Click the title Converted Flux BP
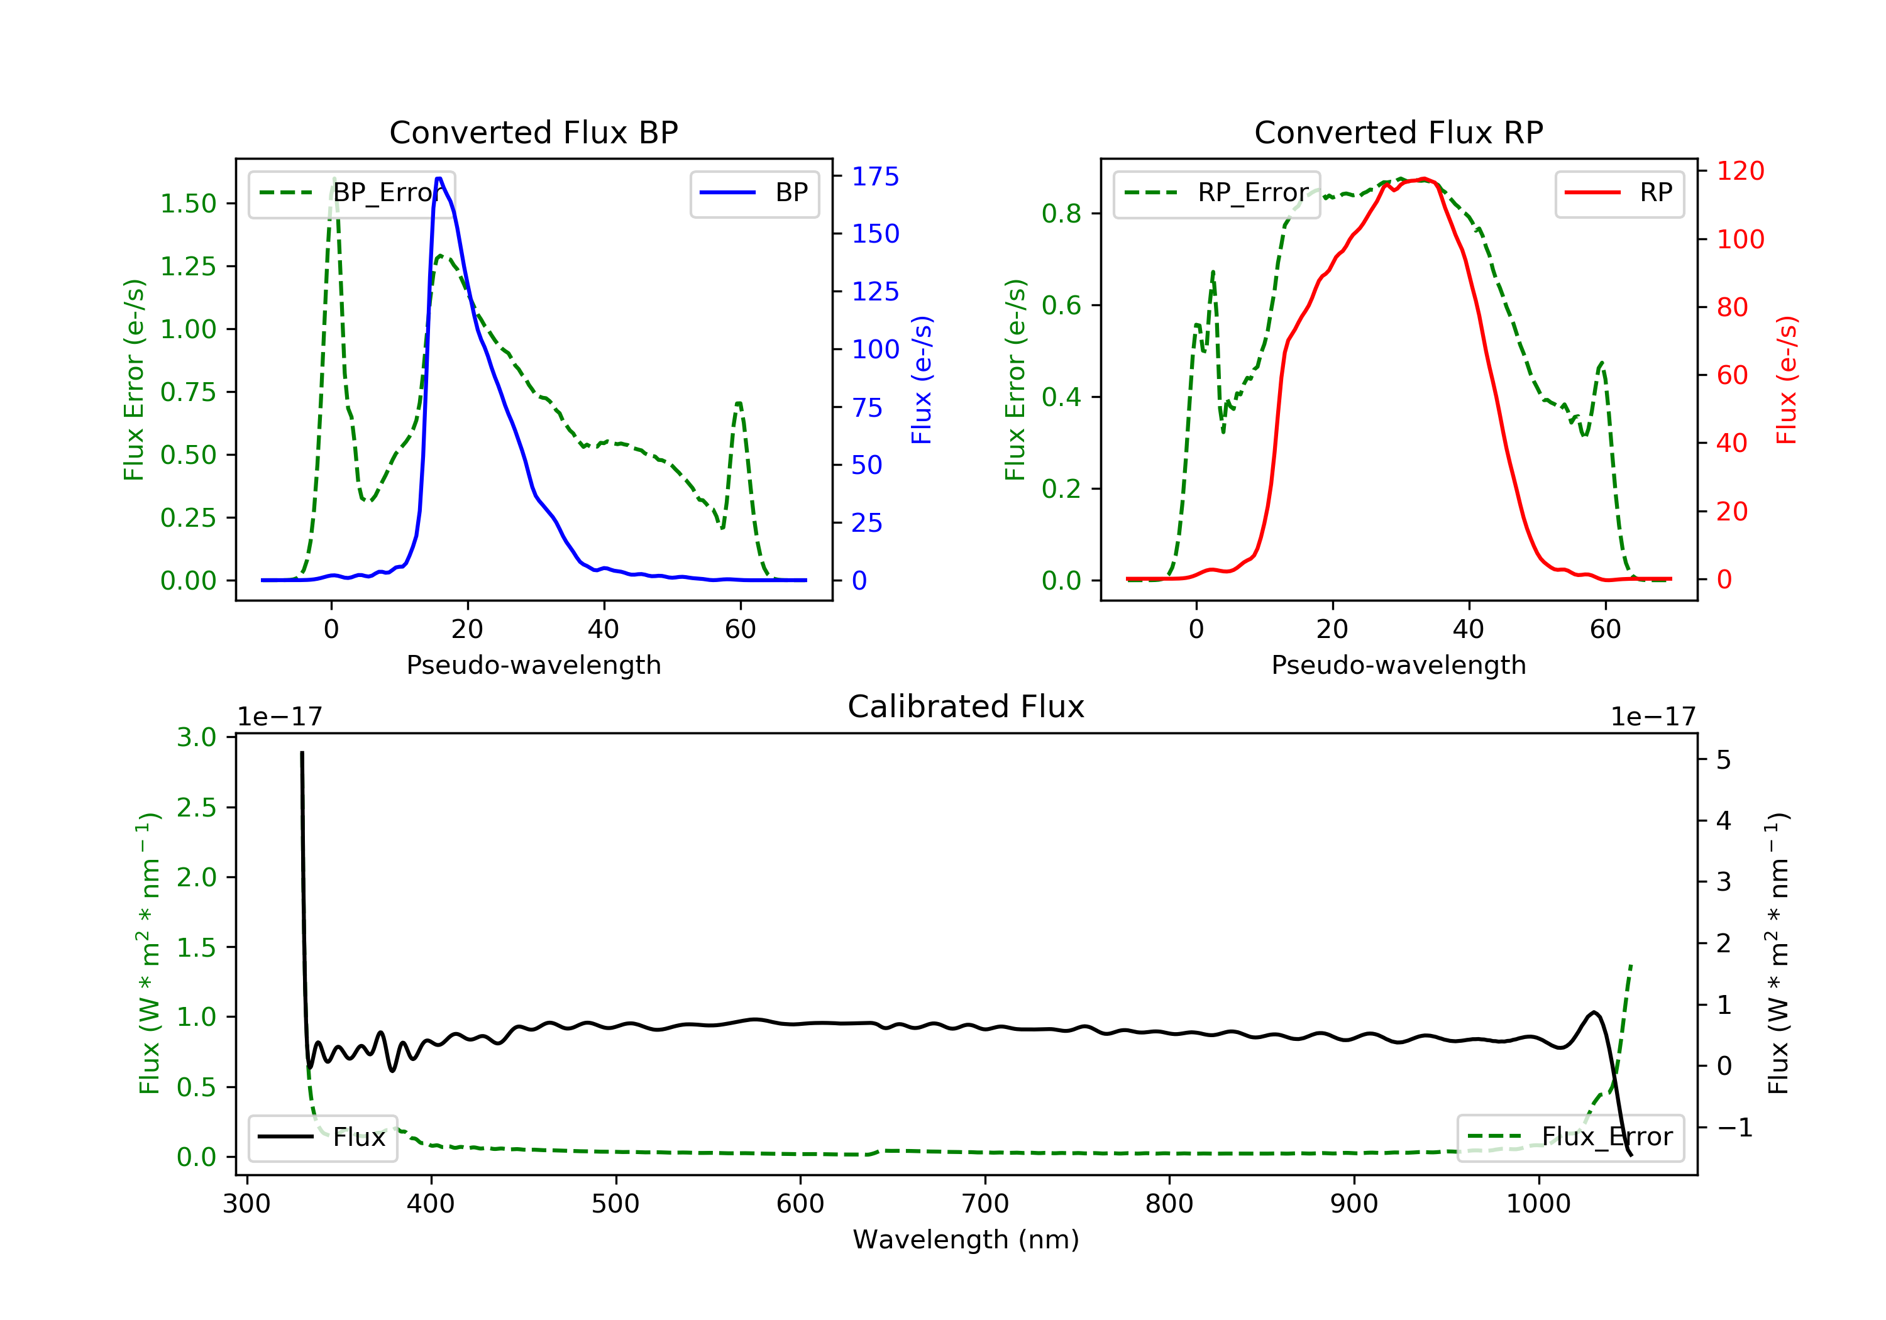point(533,132)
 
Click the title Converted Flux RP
point(1398,132)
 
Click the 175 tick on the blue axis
point(875,177)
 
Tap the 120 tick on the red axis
point(1740,171)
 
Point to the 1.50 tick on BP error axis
point(188,204)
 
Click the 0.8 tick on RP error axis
point(1061,214)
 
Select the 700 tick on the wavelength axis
point(985,1204)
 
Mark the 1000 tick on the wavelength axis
point(1538,1204)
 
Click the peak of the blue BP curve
point(439,179)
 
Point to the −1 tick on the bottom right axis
point(1734,1128)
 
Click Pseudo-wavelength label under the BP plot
point(533,664)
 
